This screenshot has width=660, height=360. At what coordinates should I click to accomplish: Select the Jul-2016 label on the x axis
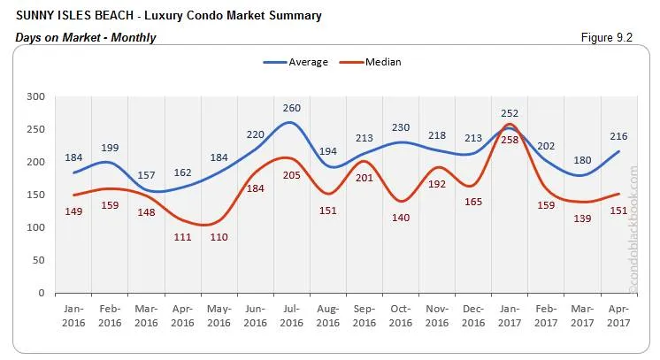tap(292, 317)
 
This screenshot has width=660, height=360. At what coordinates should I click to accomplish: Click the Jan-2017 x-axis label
tap(510, 317)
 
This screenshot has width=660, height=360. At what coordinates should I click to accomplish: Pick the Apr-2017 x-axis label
tap(618, 317)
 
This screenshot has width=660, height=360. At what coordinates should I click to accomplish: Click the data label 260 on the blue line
tap(292, 109)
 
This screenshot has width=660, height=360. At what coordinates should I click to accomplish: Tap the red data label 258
tap(509, 140)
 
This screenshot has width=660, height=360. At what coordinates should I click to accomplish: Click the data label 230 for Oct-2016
tap(401, 127)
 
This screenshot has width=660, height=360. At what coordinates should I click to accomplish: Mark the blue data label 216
tap(618, 136)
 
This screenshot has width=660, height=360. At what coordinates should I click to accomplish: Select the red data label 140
tap(401, 218)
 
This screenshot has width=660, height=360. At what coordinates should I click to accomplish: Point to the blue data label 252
tap(510, 113)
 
